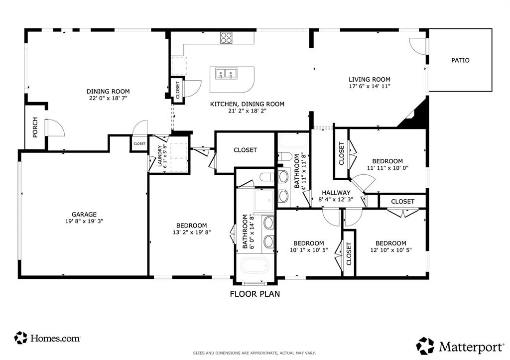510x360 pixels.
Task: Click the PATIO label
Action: pyautogui.click(x=460, y=60)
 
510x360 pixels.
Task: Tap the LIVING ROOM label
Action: pyautogui.click(x=369, y=79)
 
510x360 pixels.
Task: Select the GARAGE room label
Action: pyautogui.click(x=84, y=214)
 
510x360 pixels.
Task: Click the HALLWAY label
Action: pyautogui.click(x=336, y=193)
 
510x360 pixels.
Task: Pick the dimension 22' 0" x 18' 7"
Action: pyautogui.click(x=108, y=98)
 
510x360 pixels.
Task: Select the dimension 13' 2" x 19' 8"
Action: pyautogui.click(x=192, y=232)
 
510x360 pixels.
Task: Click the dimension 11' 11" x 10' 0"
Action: pyautogui.click(x=387, y=168)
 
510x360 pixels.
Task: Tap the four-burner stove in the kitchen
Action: pyautogui.click(x=227, y=38)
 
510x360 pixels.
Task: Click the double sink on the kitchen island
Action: pyautogui.click(x=226, y=74)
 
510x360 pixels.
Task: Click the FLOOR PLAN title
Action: pyautogui.click(x=255, y=294)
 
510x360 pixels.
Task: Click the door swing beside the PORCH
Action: pyautogui.click(x=55, y=127)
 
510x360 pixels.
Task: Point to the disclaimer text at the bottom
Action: pyautogui.click(x=255, y=354)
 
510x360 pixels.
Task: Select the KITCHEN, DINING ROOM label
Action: pyautogui.click(x=247, y=104)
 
